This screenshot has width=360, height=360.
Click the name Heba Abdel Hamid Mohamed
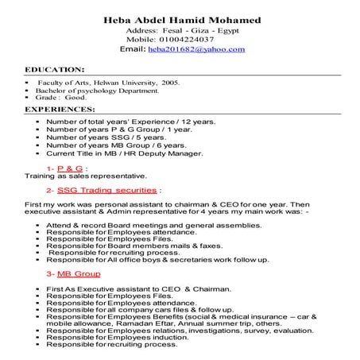tap(182, 19)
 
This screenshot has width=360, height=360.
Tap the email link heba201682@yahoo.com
tap(196, 49)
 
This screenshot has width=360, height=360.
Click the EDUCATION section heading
tap(56, 70)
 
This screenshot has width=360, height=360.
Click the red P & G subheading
tap(70, 169)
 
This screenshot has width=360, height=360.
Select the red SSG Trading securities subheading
tap(107, 191)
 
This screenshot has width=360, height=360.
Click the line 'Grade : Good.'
tap(66, 99)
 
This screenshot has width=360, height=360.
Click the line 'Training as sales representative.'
tap(75, 177)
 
